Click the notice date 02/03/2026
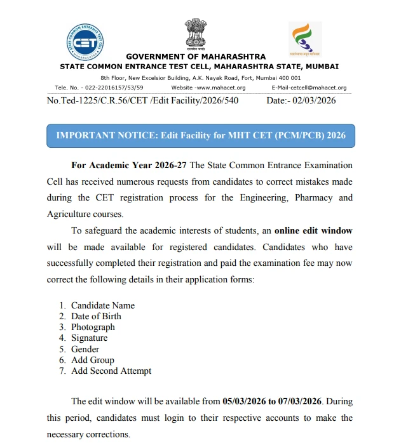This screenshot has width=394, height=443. (313, 100)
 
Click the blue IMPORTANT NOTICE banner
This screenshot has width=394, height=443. (201, 136)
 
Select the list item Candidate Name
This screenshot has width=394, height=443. (102, 305)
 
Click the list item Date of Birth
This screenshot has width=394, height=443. (96, 316)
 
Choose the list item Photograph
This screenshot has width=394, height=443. (93, 327)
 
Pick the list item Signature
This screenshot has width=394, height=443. (89, 338)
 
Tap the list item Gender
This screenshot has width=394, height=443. (85, 349)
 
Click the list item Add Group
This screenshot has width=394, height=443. (92, 360)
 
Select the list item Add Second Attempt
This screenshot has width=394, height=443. (111, 371)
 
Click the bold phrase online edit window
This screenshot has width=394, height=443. (313, 230)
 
